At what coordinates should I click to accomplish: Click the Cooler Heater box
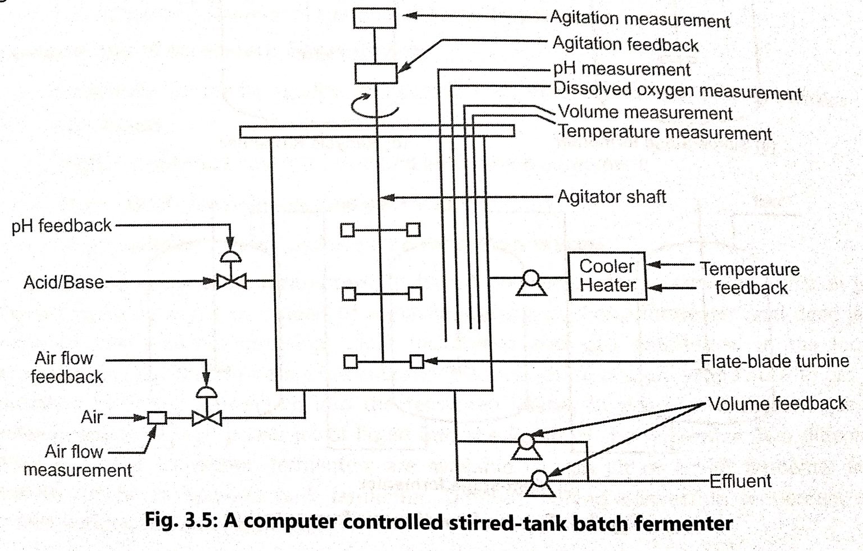point(607,276)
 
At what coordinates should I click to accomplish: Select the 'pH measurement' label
point(621,69)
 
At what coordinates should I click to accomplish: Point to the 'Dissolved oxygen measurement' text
point(678,91)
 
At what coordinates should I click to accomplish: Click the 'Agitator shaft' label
point(611,197)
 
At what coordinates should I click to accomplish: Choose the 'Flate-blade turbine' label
point(774,361)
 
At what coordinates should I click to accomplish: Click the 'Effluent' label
point(741,481)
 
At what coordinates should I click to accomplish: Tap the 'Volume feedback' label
point(777,403)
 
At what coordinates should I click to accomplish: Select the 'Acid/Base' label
point(63,282)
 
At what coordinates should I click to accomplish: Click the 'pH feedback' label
point(62,226)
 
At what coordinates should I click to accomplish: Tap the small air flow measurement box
point(157,418)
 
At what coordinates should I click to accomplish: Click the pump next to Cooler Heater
point(530,282)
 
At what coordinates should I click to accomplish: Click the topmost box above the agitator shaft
point(374,18)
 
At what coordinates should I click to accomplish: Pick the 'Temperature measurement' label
point(665,133)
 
